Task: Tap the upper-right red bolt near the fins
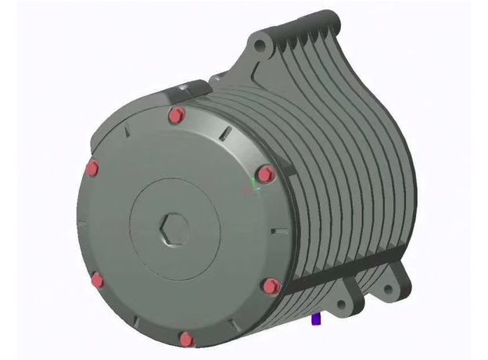(265, 174)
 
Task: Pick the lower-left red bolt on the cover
(98, 280)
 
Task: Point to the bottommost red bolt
(185, 339)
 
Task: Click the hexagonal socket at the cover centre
(174, 232)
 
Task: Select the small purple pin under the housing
(316, 319)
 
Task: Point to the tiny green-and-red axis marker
(253, 188)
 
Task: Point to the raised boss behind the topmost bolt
(185, 87)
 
